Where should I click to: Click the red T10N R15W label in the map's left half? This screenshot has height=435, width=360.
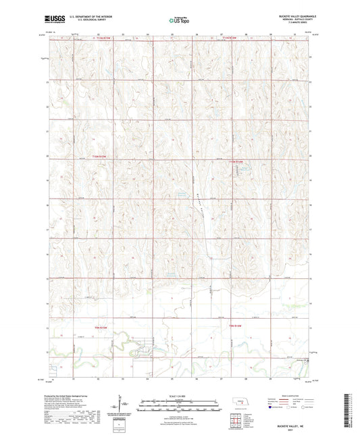(x=99, y=157)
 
